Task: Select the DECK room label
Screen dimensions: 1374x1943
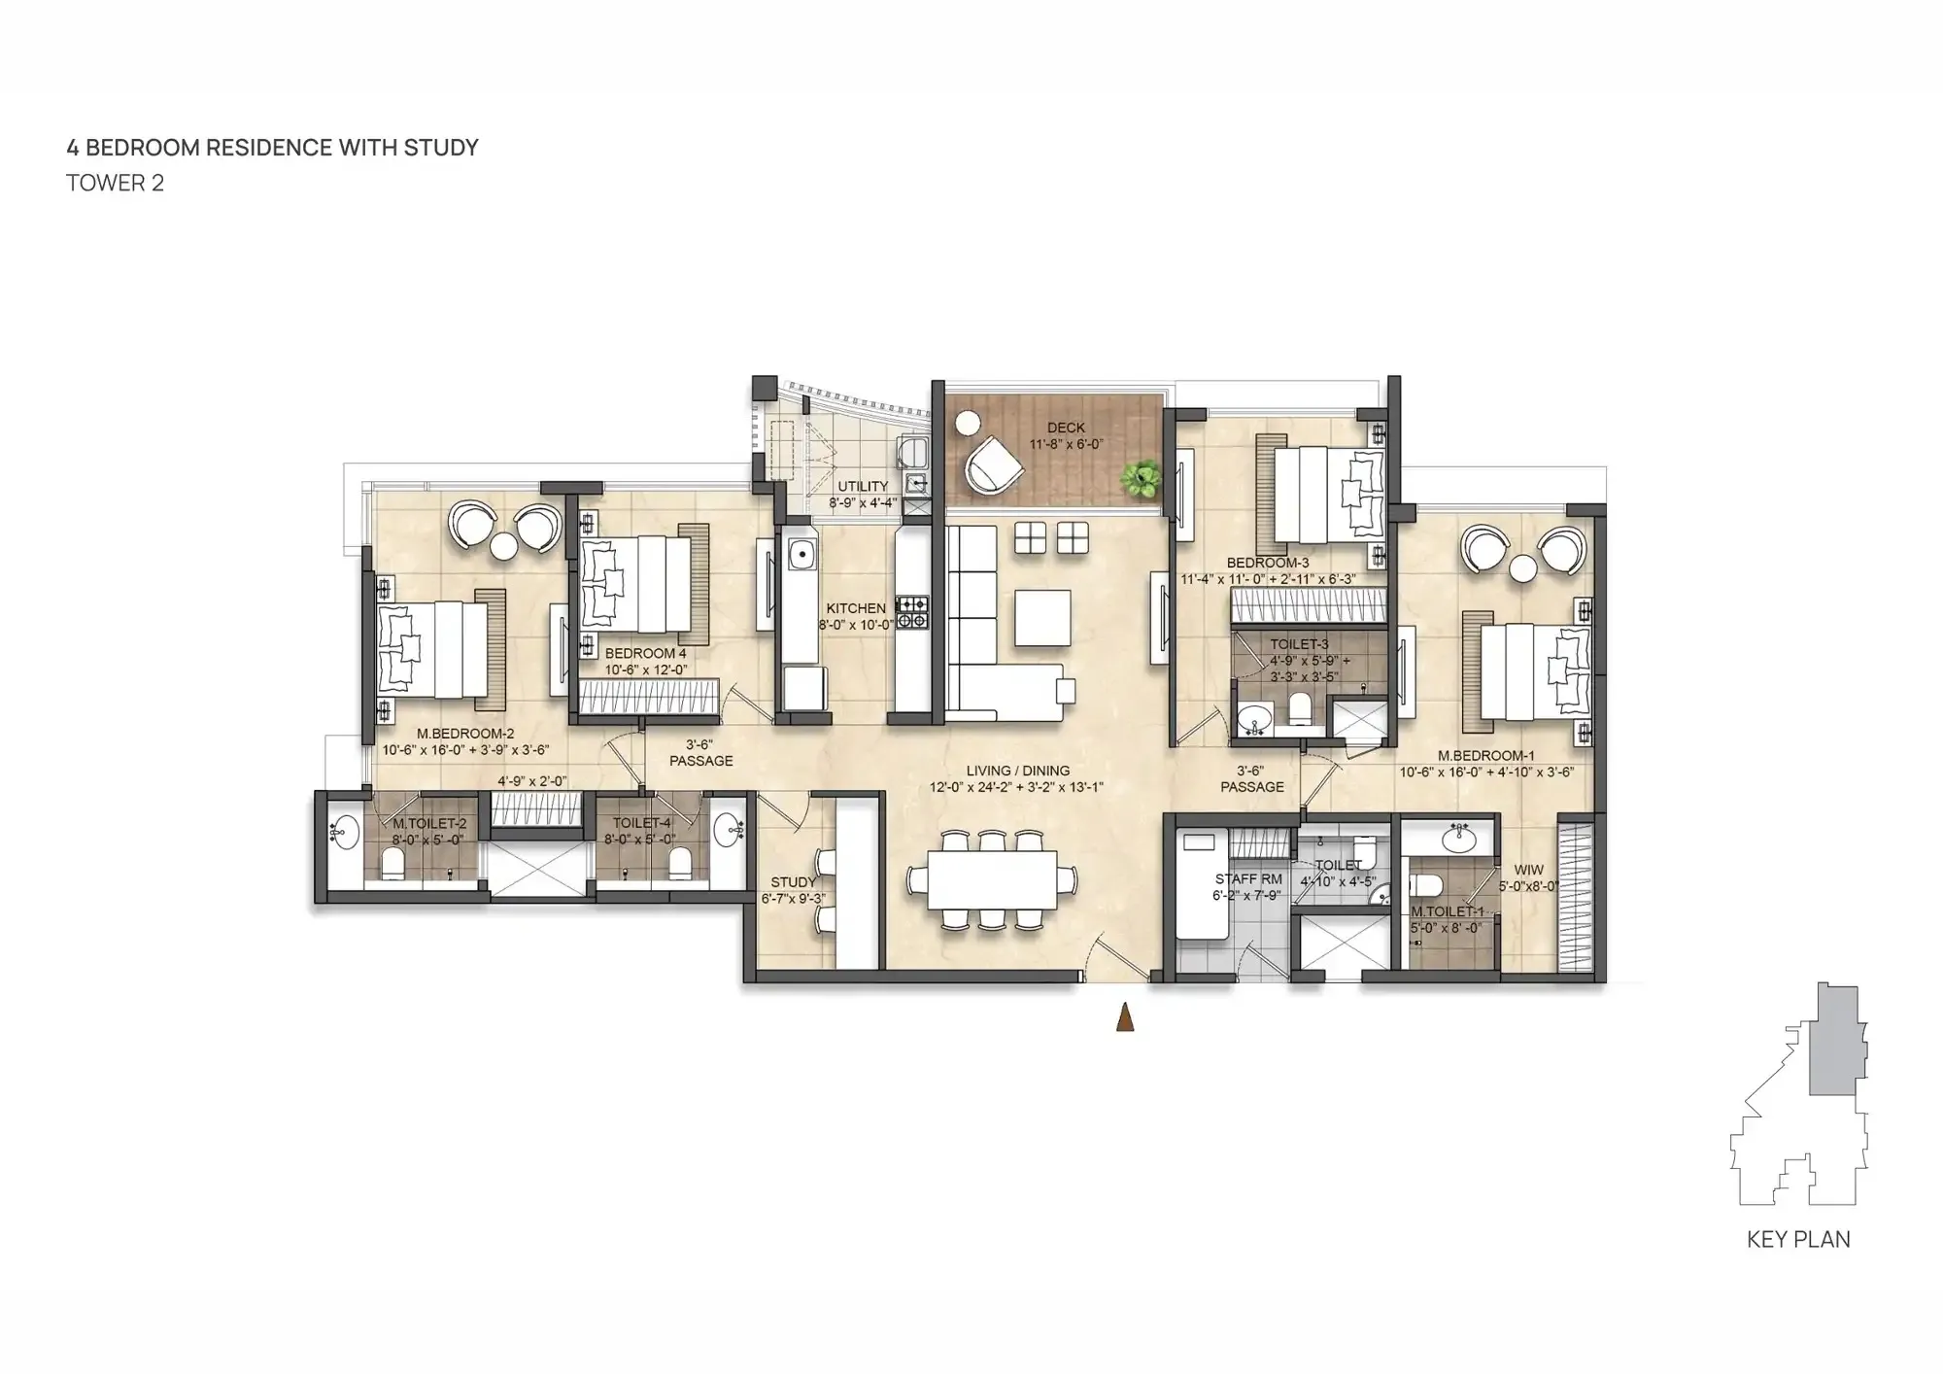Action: [1066, 428]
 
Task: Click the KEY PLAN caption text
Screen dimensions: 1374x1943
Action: [1798, 1240]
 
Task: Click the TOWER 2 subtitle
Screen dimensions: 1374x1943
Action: [115, 184]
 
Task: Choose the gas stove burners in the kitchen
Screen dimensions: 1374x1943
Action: [912, 611]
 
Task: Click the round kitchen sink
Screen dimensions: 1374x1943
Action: [801, 555]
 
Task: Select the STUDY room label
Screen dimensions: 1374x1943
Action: [793, 882]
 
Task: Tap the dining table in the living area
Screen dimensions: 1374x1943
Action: [992, 880]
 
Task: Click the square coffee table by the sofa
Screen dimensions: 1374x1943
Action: [1043, 619]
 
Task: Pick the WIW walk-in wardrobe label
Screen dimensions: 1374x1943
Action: [1527, 871]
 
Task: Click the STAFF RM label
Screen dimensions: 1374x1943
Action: [1248, 879]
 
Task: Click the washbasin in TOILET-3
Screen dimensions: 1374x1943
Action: [1254, 720]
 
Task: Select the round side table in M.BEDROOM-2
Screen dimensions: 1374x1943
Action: [503, 547]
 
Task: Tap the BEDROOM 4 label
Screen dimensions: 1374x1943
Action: [645, 653]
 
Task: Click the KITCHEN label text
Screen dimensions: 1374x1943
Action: [856, 608]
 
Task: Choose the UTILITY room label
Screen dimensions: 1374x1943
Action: [863, 487]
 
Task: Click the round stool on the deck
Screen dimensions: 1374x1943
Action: [968, 424]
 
